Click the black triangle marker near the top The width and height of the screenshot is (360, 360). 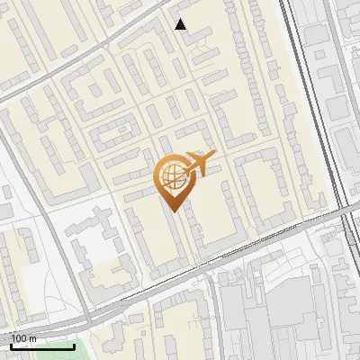tap(181, 24)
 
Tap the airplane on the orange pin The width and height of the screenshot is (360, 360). tap(200, 163)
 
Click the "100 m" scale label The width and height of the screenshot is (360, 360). tap(23, 338)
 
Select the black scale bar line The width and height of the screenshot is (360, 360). tap(42, 346)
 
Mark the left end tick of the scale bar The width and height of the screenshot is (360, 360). tap(12, 344)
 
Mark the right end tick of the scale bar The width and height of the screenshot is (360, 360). tap(74, 344)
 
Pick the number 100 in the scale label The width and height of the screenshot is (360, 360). tap(19, 338)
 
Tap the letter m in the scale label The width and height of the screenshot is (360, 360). tap(32, 338)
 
